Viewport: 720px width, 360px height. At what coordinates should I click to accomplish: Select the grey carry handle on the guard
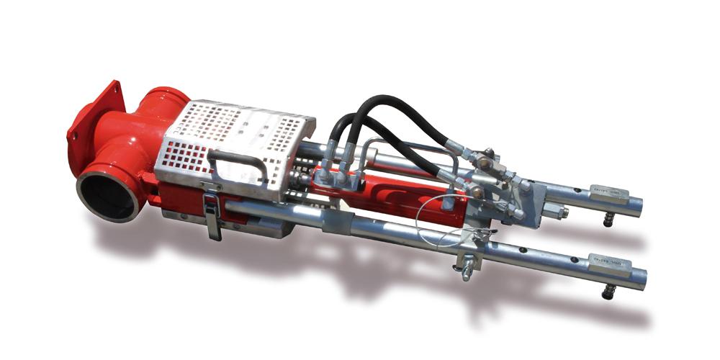coord(237,162)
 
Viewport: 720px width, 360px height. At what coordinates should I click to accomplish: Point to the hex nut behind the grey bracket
coord(557,212)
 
